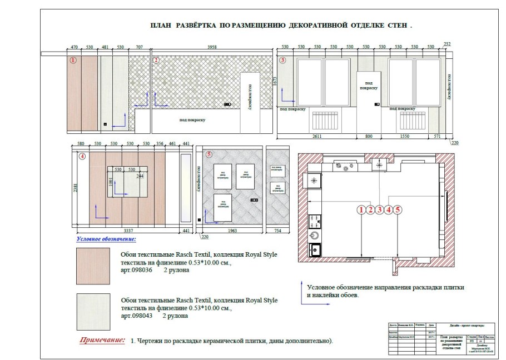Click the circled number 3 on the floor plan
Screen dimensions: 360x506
click(x=379, y=210)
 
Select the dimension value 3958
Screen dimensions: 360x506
click(x=214, y=48)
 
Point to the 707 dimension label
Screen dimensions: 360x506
click(x=140, y=48)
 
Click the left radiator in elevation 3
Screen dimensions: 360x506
click(x=323, y=120)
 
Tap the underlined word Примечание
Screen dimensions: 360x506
click(x=102, y=339)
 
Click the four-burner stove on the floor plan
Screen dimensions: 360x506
click(x=315, y=221)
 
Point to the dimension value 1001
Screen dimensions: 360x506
click(x=111, y=182)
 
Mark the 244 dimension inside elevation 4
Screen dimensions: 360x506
click(x=141, y=176)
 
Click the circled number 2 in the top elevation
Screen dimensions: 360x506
click(x=157, y=59)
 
